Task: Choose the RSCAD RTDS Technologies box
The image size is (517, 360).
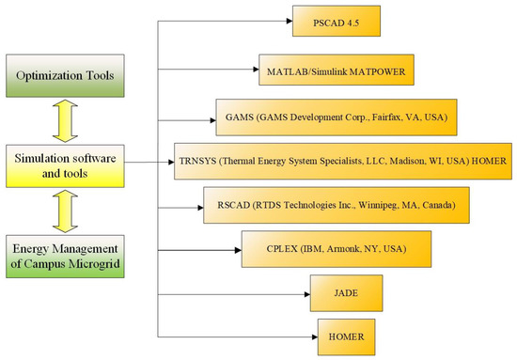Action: tap(329, 205)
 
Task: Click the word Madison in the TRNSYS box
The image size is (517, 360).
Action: tap(401, 162)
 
